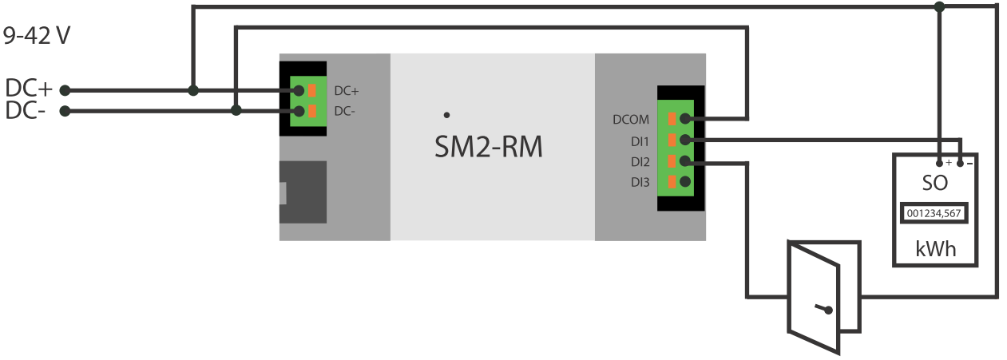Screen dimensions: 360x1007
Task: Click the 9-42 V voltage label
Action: [x=38, y=37]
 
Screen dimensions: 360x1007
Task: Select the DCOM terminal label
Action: [x=631, y=121]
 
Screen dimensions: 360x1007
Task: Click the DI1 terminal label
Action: [x=639, y=141]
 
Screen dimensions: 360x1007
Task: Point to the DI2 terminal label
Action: [x=639, y=162]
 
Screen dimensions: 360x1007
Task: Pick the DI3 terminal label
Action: [x=639, y=183]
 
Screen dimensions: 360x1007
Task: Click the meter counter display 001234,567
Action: [x=934, y=213]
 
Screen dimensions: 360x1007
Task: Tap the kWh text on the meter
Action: [x=935, y=250]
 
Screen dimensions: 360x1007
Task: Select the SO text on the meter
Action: [x=934, y=182]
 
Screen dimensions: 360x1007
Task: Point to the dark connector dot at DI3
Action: [x=684, y=183]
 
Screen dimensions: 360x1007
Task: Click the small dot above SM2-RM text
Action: [x=446, y=115]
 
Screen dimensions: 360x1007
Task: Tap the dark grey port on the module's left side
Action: [x=303, y=192]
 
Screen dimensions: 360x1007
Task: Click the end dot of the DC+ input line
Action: [x=65, y=90]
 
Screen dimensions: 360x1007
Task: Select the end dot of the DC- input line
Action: [x=65, y=111]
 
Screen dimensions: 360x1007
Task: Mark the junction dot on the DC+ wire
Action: [x=192, y=90]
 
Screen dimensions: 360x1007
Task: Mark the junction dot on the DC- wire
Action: [x=236, y=111]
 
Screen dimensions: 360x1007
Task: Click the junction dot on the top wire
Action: [x=940, y=6]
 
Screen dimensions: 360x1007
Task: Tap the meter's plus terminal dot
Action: [x=940, y=162]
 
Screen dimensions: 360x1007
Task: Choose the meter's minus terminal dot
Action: [x=960, y=162]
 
